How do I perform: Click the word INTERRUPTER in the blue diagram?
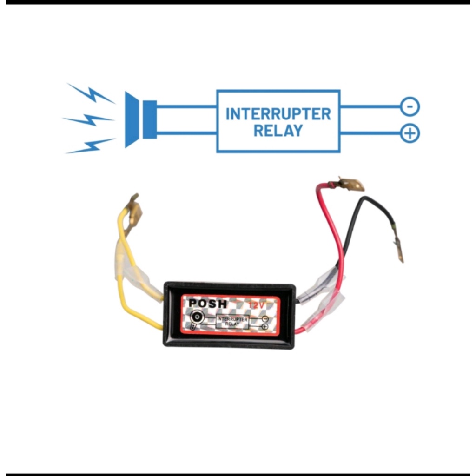pyautogui.click(x=278, y=114)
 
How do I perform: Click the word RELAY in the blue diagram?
pyautogui.click(x=278, y=131)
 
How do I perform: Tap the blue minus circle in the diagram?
pyautogui.click(x=410, y=106)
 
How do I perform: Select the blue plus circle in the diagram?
pyautogui.click(x=410, y=133)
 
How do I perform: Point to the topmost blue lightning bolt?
pyautogui.click(x=91, y=93)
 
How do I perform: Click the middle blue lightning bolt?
pyautogui.click(x=89, y=119)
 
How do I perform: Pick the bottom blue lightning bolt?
pyautogui.click(x=91, y=145)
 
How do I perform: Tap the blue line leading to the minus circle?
pyautogui.click(x=370, y=106)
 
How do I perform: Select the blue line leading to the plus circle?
pyautogui.click(x=370, y=133)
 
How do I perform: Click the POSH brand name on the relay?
pyautogui.click(x=208, y=304)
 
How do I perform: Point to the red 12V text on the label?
pyautogui.click(x=257, y=305)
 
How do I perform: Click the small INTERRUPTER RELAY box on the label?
pyautogui.click(x=232, y=322)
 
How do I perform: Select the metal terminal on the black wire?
pyautogui.click(x=398, y=249)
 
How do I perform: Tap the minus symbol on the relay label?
pyautogui.click(x=265, y=319)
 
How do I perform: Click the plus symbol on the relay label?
pyautogui.click(x=265, y=327)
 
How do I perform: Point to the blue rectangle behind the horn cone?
pyautogui.click(x=150, y=119)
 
